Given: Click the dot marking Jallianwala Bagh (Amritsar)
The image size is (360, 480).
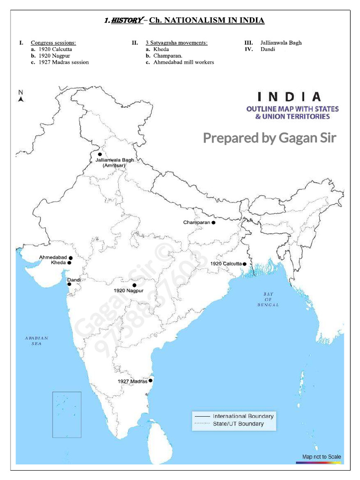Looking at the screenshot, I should (x=100, y=154).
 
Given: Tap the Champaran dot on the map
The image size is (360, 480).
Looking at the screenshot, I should (x=213, y=223).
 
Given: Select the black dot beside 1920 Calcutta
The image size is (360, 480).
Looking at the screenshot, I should (x=245, y=264).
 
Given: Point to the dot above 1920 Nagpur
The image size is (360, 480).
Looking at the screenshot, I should (x=135, y=285).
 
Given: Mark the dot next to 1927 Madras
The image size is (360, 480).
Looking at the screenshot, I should (x=150, y=381).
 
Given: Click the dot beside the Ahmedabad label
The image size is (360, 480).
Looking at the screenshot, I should (x=70, y=258).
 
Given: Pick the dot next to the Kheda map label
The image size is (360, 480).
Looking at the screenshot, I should (x=69, y=263).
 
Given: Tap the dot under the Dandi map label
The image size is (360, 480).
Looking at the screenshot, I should (x=69, y=284).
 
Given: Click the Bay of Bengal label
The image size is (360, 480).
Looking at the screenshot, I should (x=268, y=300).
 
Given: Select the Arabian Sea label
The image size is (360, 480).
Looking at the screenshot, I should (x=37, y=341).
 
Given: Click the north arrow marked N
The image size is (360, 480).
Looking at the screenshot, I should (x=21, y=96).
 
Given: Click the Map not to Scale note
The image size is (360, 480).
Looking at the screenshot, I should (x=322, y=457).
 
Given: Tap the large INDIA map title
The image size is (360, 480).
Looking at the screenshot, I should (x=290, y=97).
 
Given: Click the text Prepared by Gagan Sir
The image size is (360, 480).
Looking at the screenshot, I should (x=270, y=138).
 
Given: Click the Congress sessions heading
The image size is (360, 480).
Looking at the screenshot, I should (x=53, y=43).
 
